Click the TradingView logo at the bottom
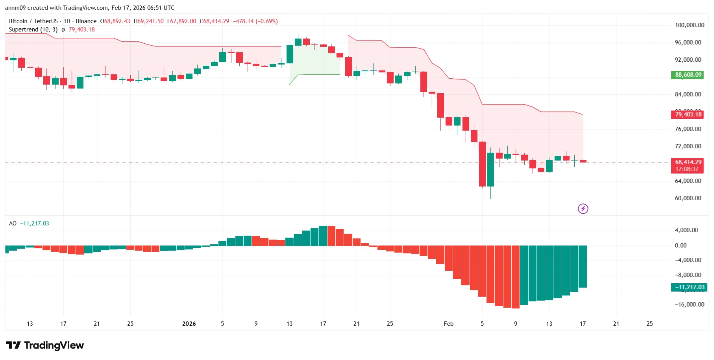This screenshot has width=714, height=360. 45,345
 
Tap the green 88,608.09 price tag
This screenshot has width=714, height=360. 688,75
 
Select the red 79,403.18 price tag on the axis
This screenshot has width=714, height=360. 688,114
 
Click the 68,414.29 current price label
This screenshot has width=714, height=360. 688,162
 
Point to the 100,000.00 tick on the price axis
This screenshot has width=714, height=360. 689,25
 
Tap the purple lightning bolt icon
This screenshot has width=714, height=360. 583,209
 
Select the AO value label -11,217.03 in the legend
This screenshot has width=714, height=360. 35,223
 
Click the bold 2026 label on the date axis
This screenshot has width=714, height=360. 189,324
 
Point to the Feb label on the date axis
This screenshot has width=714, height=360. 448,324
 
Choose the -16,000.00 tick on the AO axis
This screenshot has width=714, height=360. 689,305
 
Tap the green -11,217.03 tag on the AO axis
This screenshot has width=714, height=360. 689,288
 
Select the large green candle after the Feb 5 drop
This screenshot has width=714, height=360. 490,169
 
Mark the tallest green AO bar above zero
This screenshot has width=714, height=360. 323,236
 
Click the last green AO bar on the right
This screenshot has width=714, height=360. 583,266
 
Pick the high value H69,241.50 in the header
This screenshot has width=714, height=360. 149,21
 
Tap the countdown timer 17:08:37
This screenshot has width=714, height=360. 687,169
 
